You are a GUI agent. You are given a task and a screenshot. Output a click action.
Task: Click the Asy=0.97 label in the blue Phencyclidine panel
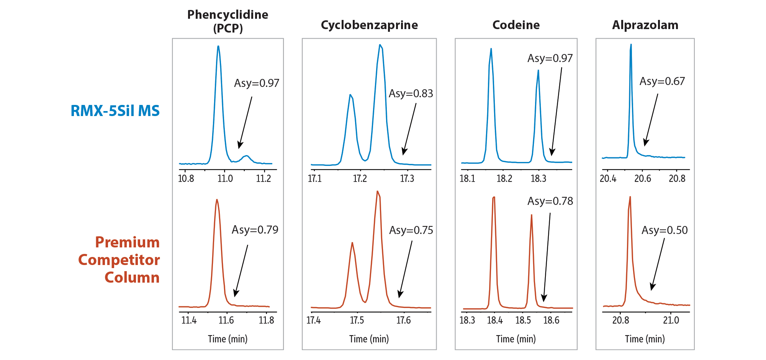tap(256, 83)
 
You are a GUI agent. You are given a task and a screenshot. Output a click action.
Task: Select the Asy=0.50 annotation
tap(665, 230)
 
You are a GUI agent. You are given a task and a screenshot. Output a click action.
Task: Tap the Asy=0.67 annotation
tap(662, 81)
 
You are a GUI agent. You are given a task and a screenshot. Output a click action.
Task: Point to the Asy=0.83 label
tap(411, 93)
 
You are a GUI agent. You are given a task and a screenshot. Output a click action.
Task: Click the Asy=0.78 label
tap(550, 201)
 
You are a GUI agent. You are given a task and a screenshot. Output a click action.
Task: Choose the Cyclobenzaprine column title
tap(369, 25)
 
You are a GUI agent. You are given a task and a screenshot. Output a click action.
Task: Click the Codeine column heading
tap(516, 25)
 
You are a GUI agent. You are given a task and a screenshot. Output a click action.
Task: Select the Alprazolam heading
tap(645, 25)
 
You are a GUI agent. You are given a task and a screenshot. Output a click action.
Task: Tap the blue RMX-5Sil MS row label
tap(115, 111)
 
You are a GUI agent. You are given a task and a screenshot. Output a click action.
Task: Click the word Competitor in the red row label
tap(119, 260)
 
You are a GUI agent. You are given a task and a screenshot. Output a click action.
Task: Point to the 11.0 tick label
tap(225, 178)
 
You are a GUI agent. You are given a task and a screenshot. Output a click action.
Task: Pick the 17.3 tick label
tap(407, 178)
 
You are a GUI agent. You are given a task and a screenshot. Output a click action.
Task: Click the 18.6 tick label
tap(551, 320)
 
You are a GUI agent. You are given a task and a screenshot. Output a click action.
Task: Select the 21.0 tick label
tap(671, 320)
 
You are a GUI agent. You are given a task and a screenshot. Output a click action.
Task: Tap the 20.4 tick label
tap(608, 178)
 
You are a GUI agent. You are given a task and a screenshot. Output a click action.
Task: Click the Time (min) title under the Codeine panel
tap(516, 339)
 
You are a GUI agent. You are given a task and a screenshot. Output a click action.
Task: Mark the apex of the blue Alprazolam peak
tap(631, 45)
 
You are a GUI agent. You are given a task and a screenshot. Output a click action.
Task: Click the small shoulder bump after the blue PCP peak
tap(246, 156)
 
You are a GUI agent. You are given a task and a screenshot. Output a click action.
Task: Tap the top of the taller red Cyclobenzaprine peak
tap(377, 191)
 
